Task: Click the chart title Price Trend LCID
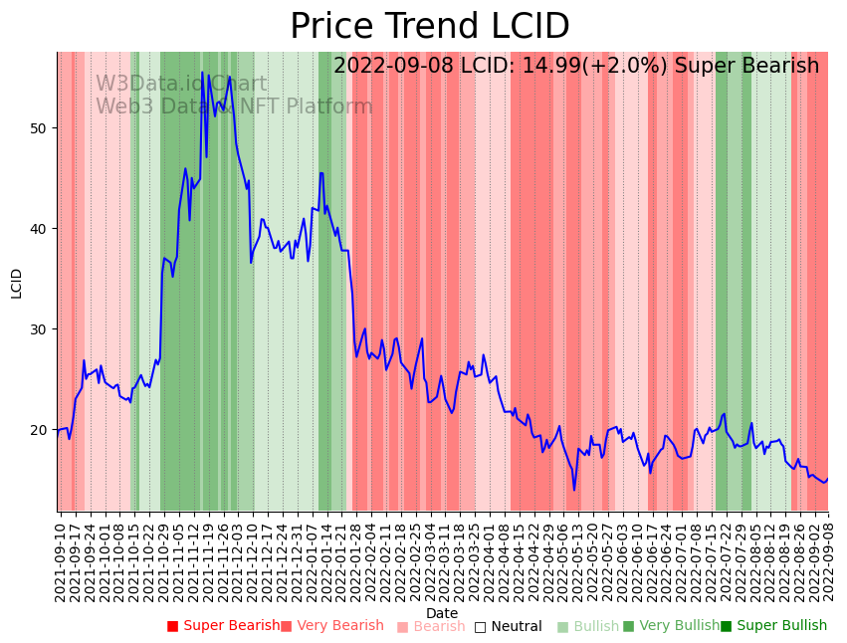click(x=429, y=27)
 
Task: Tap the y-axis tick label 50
click(x=41, y=128)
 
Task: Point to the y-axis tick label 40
click(x=41, y=229)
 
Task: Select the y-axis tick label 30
click(x=41, y=329)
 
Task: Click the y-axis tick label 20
click(x=41, y=430)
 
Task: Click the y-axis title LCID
click(x=16, y=283)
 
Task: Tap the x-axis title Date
click(x=442, y=613)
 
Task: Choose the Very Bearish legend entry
click(x=331, y=626)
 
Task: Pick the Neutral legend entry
click(x=508, y=627)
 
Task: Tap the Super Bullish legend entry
click(x=773, y=626)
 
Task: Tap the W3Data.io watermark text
click(x=181, y=85)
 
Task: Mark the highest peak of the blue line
click(x=202, y=72)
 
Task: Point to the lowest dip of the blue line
click(x=573, y=490)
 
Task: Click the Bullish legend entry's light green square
click(x=562, y=627)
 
